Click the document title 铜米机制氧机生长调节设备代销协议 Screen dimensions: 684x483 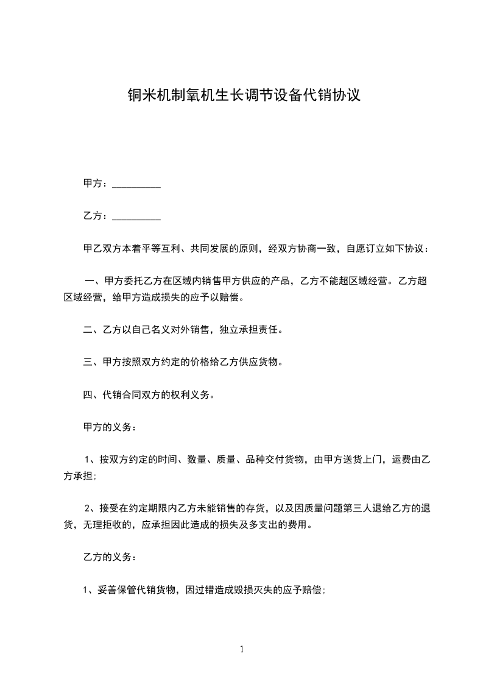pos(242,96)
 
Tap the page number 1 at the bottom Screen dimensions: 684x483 pos(242,650)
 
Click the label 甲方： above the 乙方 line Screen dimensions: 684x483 pos(96,183)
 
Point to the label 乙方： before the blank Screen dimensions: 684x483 pos(96,216)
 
